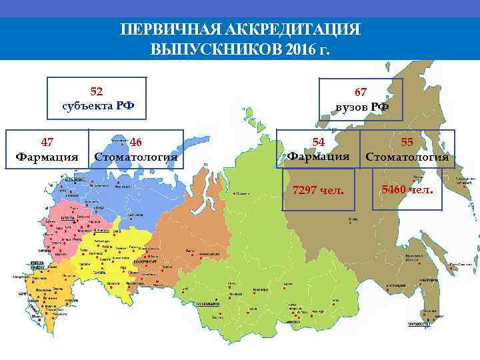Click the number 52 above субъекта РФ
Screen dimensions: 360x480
tap(97, 91)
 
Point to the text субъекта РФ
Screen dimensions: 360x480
tap(97, 105)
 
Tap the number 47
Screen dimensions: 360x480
tap(47, 142)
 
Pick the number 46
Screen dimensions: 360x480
tap(136, 142)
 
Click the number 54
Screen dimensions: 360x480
tap(318, 142)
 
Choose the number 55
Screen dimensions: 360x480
tap(407, 142)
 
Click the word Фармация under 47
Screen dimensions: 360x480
tap(47, 157)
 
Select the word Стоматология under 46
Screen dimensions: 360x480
tap(136, 157)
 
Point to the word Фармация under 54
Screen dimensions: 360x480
tap(318, 157)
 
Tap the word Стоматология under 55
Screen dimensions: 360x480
tap(407, 158)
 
